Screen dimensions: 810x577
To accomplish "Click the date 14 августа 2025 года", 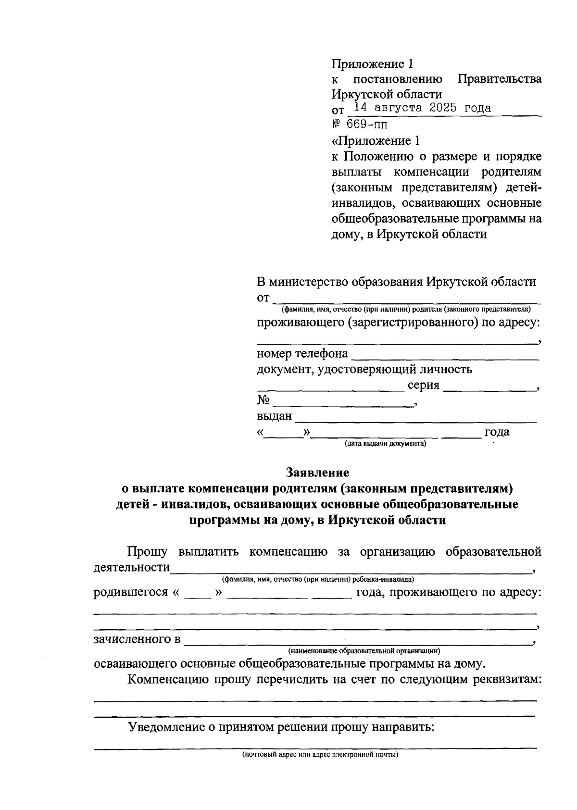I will (422, 108).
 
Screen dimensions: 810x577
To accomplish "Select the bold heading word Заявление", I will (318, 473).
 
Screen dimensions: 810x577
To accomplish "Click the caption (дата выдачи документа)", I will (385, 444).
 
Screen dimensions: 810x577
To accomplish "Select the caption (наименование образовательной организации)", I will (364, 651).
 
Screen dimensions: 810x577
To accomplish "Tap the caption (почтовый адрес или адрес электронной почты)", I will (320, 754).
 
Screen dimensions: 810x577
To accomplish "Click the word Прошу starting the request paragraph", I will (147, 551).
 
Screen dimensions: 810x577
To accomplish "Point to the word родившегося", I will (129, 592).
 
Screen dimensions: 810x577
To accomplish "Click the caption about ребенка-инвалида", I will (317, 580).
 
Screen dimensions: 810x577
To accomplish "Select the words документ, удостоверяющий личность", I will (364, 369).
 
